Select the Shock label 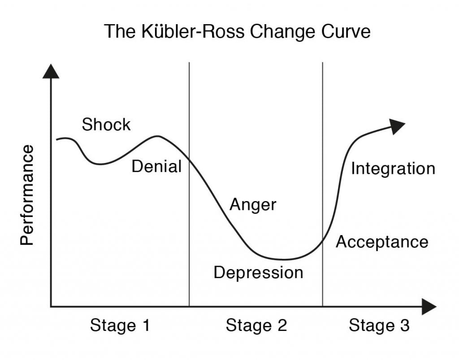point(106,124)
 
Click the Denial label point(156,166)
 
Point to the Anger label point(253,205)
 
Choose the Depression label point(259,273)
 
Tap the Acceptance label point(382,242)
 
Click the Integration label point(393,169)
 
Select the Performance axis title point(27,195)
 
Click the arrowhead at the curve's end point(397,126)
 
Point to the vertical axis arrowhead point(51,71)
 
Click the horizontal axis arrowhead point(429,307)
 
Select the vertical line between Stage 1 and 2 point(189,184)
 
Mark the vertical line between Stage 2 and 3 point(323,184)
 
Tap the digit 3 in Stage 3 point(405,326)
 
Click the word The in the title point(120,31)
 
